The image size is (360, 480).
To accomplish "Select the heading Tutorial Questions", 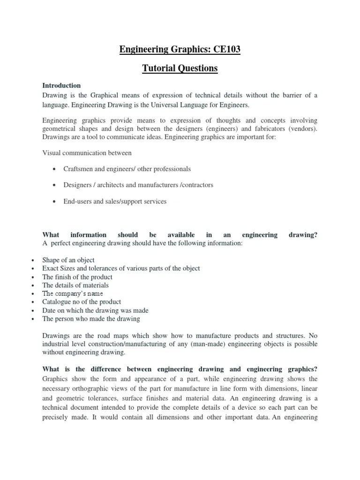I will click(x=180, y=68).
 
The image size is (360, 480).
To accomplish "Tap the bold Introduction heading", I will click(x=61, y=85).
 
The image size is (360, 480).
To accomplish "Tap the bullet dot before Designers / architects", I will click(x=55, y=185).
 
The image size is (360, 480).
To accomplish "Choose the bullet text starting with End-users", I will click(x=115, y=202).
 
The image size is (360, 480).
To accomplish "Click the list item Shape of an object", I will click(x=68, y=260).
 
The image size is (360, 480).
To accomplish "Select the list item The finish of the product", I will click(x=77, y=277).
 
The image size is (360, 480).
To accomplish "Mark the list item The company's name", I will click(x=72, y=293).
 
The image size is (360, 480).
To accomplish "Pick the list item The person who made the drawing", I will click(x=91, y=319).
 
